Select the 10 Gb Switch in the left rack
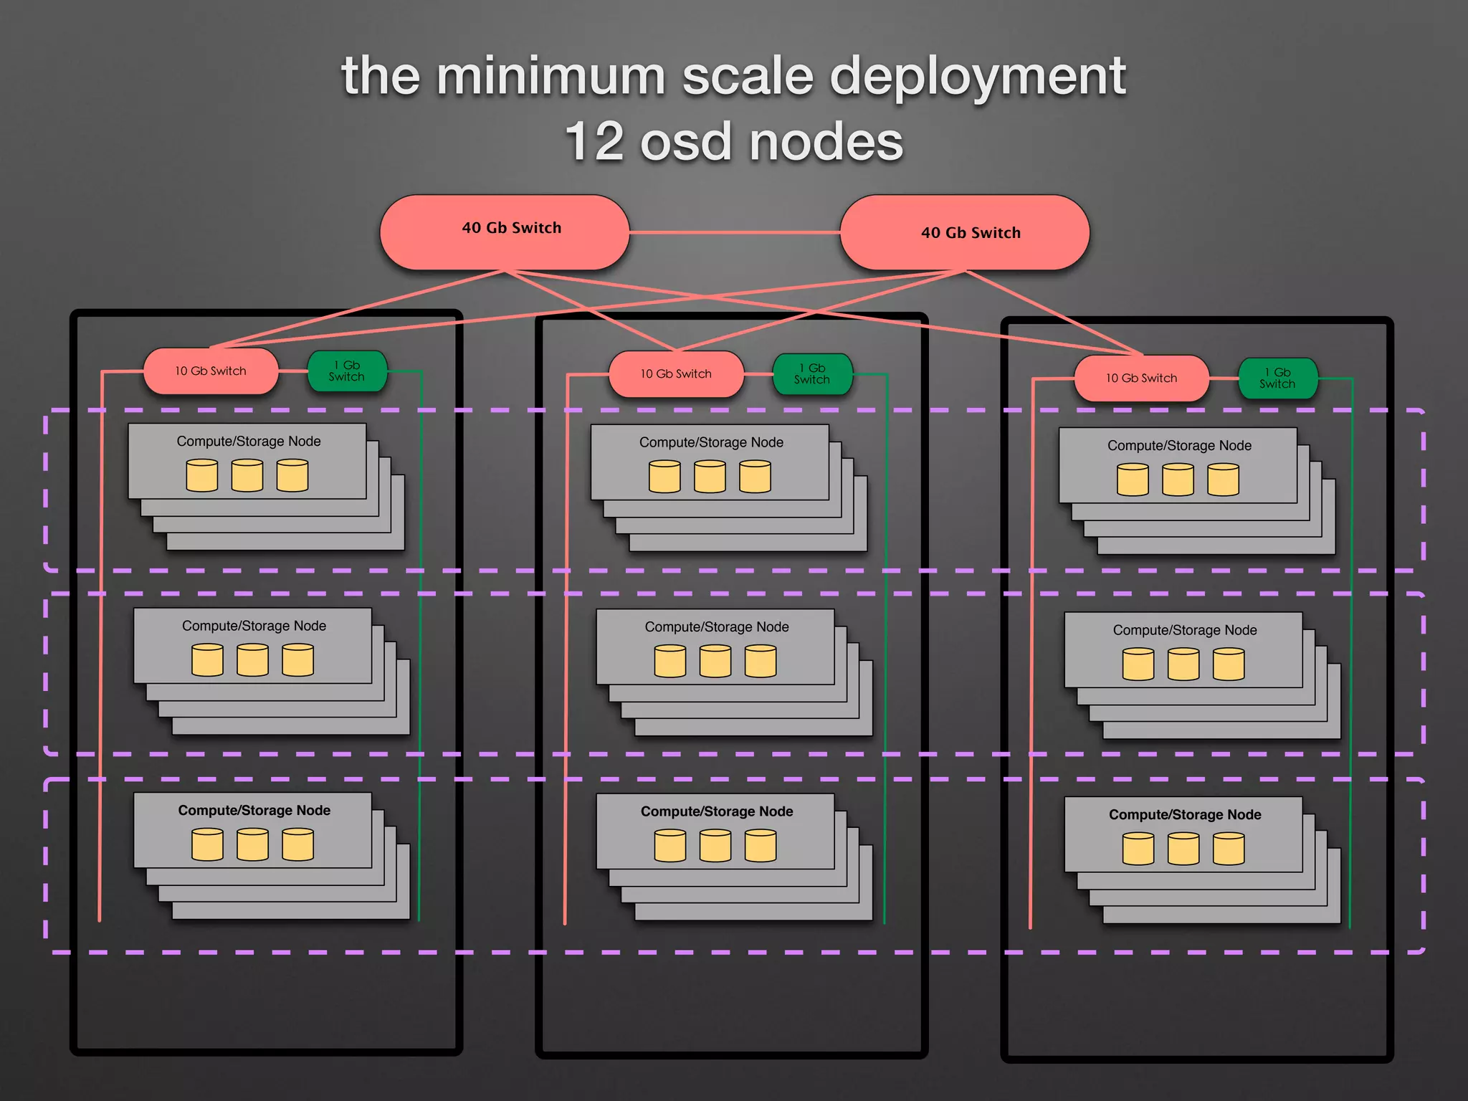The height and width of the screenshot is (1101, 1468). (211, 371)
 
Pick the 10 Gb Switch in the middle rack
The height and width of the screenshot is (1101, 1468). (676, 373)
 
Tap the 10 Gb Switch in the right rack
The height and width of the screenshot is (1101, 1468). (1141, 378)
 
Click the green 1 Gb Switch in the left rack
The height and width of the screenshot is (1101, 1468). (347, 371)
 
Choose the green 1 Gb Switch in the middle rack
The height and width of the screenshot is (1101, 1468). (812, 373)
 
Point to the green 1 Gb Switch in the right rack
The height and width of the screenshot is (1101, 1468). (1277, 378)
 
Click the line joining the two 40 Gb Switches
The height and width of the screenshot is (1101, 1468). (734, 232)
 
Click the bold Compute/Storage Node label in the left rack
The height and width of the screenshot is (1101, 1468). (254, 811)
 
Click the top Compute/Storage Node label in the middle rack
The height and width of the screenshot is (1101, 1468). (711, 442)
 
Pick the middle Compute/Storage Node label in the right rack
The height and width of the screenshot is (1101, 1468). (1184, 630)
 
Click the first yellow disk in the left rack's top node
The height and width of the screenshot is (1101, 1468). (201, 476)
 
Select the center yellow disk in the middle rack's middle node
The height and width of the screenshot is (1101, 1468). (715, 661)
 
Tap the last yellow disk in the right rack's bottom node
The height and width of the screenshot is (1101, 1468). (1229, 849)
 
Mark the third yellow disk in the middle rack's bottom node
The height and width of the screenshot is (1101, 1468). (760, 846)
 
